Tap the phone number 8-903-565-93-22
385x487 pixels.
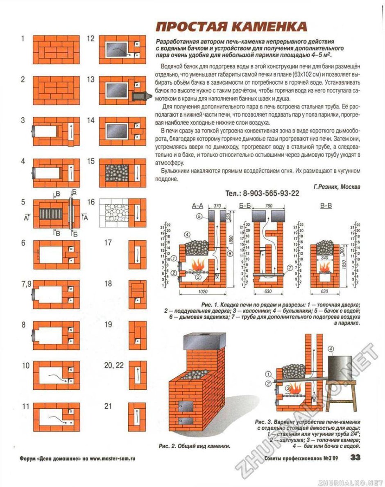[x=262, y=194]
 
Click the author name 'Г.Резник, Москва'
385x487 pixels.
[x=337, y=186]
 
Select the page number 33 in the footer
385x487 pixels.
[x=355, y=458]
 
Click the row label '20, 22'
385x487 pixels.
[x=113, y=365]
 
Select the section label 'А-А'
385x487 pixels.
[x=198, y=206]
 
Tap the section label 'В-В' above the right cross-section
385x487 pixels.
[x=326, y=206]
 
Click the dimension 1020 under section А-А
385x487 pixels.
[x=202, y=292]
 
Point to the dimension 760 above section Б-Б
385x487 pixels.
[x=269, y=206]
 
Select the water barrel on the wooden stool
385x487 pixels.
[x=340, y=368]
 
